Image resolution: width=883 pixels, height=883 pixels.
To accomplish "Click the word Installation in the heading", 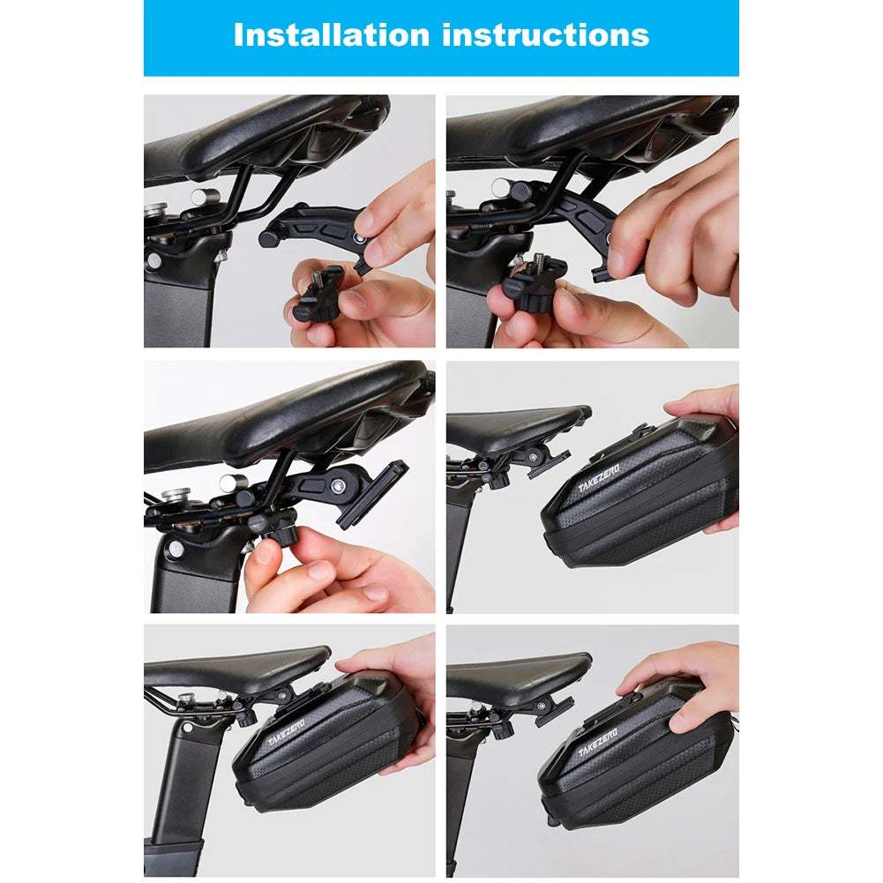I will coord(330,34).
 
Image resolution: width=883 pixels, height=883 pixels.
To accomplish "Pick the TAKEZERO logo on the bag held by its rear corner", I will coord(599,478).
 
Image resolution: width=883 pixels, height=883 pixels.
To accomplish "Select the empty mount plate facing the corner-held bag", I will coord(548,460).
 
